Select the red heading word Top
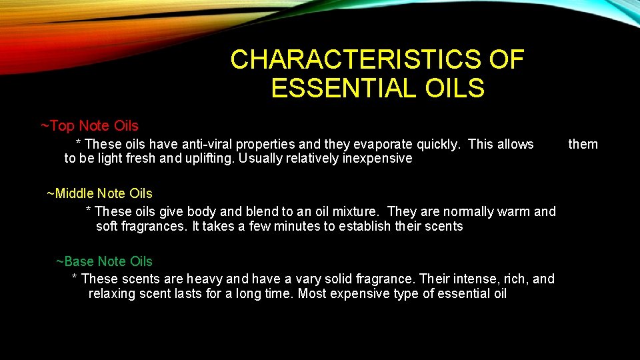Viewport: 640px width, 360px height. pyautogui.click(x=62, y=126)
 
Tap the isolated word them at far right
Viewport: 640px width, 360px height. pyautogui.click(x=583, y=144)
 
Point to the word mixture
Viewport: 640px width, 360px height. pyautogui.click(x=354, y=211)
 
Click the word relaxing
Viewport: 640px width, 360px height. pyautogui.click(x=112, y=293)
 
